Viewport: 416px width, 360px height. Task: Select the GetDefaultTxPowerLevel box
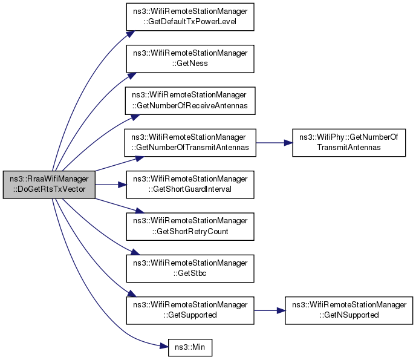(x=189, y=18)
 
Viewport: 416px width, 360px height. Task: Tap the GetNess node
(x=189, y=59)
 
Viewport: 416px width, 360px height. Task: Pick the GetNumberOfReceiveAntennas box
(x=189, y=101)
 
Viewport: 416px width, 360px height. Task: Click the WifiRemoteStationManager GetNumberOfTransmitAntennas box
(x=189, y=143)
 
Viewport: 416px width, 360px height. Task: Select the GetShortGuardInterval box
(x=189, y=185)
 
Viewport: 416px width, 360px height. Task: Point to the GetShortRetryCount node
(x=189, y=226)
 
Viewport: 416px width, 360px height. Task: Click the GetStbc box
(x=189, y=268)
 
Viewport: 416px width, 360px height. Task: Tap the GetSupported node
(x=189, y=310)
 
